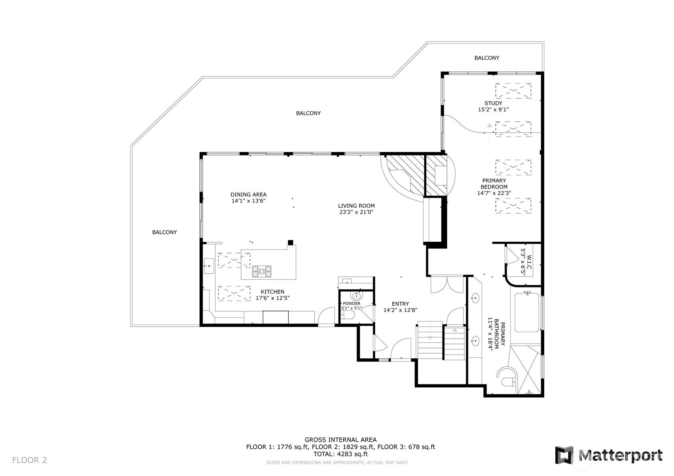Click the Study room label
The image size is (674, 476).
click(x=493, y=103)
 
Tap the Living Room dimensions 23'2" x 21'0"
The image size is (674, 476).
click(x=356, y=212)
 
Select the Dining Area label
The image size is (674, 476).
click(x=248, y=195)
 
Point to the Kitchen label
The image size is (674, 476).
click(x=273, y=292)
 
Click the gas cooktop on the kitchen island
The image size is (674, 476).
click(x=261, y=271)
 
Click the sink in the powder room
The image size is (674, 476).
click(x=357, y=296)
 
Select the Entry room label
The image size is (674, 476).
click(x=400, y=304)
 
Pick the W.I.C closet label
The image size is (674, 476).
click(x=529, y=262)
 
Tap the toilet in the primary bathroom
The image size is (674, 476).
click(x=508, y=382)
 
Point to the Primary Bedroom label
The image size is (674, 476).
click(x=494, y=184)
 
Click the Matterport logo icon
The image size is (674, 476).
click(x=564, y=455)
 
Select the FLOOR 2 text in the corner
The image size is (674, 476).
click(x=29, y=460)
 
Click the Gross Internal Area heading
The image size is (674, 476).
click(x=340, y=440)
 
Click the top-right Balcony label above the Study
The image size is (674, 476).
click(x=487, y=58)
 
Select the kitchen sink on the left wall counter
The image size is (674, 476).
click(x=209, y=266)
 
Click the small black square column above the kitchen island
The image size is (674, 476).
click(x=291, y=242)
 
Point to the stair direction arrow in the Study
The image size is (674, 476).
click(x=490, y=132)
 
